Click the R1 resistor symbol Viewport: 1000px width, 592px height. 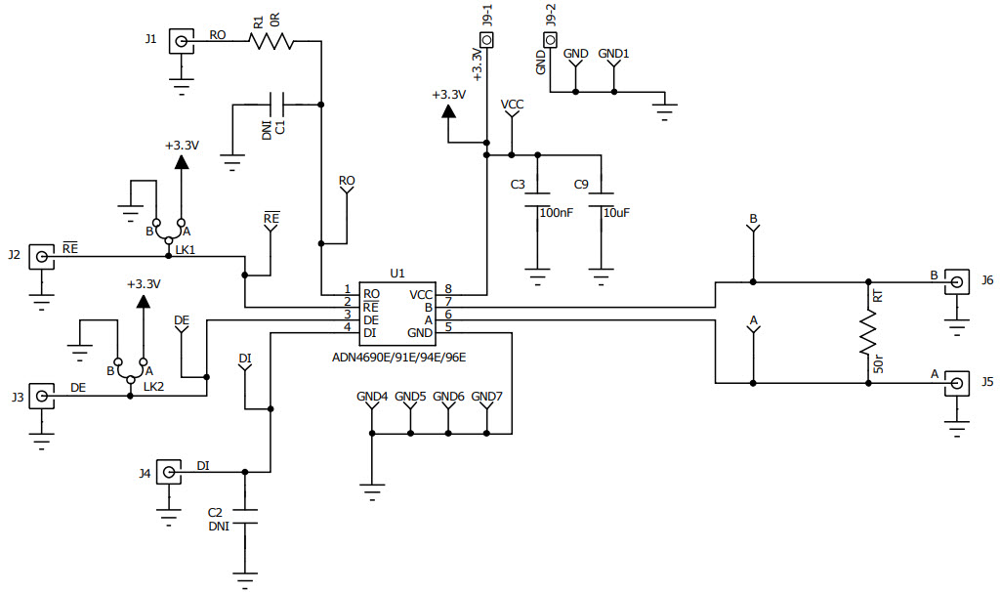(271, 41)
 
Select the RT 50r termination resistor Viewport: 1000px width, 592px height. (867, 334)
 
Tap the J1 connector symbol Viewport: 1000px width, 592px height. (181, 41)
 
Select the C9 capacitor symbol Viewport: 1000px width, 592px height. (603, 198)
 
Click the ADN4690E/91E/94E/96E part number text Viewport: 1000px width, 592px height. (399, 358)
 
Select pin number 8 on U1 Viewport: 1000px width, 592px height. (447, 289)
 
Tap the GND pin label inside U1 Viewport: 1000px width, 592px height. (420, 333)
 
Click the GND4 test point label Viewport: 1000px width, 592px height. (372, 397)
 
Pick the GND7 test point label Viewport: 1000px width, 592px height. (486, 397)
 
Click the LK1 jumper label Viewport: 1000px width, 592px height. (185, 250)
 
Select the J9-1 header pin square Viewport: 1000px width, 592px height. (487, 40)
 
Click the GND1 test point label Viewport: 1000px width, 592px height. (613, 54)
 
